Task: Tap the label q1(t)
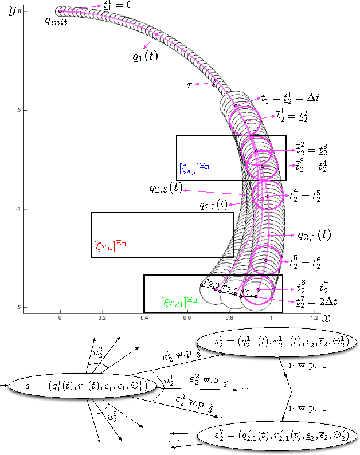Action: [x=146, y=56]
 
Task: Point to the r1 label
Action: [x=191, y=85]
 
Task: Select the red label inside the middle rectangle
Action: [x=110, y=245]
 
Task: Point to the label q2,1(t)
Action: [x=314, y=234]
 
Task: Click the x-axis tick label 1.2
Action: [x=313, y=317]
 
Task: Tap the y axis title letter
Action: [x=11, y=12]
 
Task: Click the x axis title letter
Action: [x=326, y=317]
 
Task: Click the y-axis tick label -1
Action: [x=19, y=209]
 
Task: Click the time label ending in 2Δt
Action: [x=317, y=301]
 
